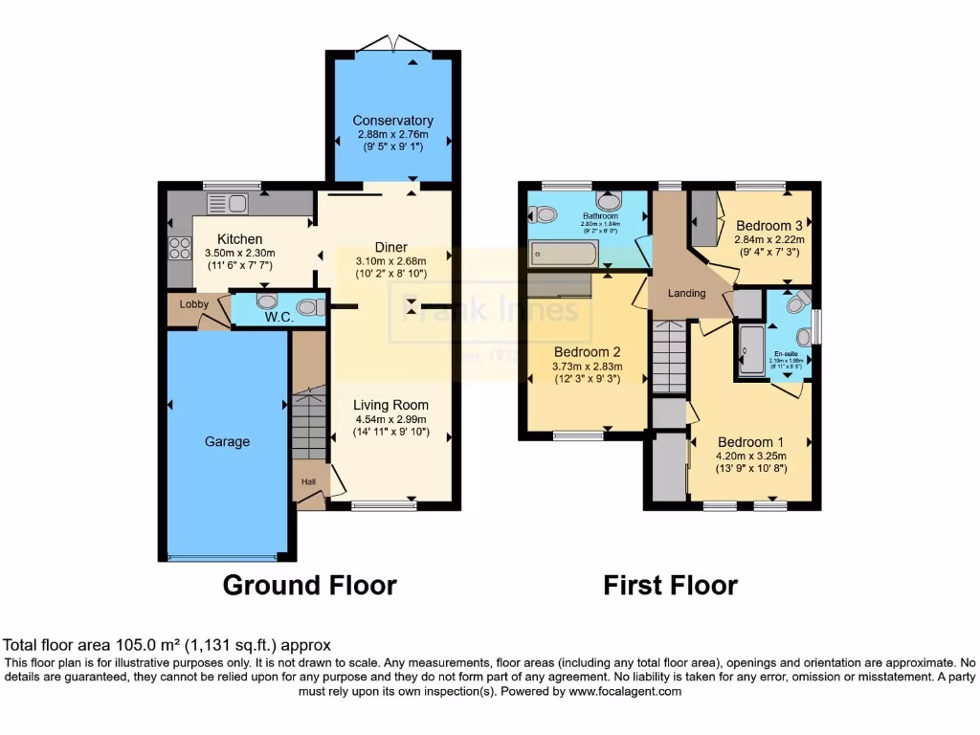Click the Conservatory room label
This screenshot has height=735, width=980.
pyautogui.click(x=392, y=121)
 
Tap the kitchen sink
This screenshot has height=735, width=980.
pyautogui.click(x=227, y=203)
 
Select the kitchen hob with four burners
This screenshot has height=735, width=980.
pyautogui.click(x=179, y=248)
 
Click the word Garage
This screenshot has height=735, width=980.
pyautogui.click(x=227, y=441)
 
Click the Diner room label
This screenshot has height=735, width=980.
pyautogui.click(x=391, y=247)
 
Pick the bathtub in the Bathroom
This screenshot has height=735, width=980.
pyautogui.click(x=564, y=254)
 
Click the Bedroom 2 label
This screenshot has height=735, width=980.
pyautogui.click(x=588, y=350)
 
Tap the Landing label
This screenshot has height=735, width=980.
pyautogui.click(x=686, y=293)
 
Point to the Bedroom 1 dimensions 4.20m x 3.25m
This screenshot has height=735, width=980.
pyautogui.click(x=751, y=456)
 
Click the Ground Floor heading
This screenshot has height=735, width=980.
pyautogui.click(x=309, y=585)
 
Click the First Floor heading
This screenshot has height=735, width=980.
pyautogui.click(x=670, y=585)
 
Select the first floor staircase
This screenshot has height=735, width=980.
pyautogui.click(x=670, y=356)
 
